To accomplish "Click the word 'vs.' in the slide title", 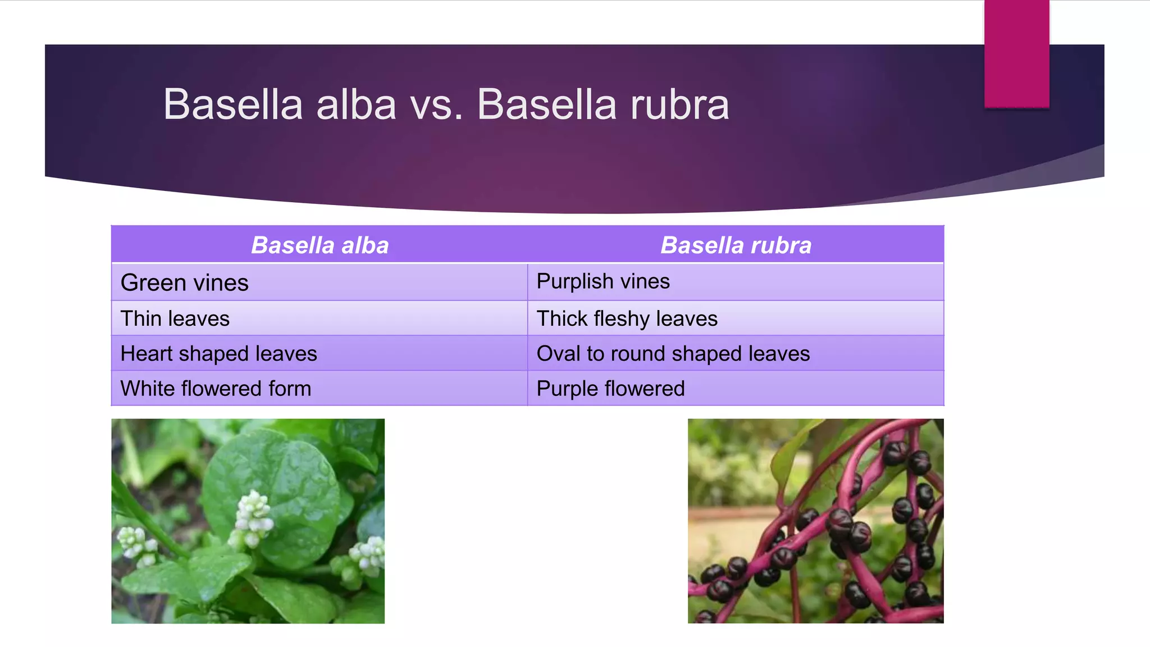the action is (436, 104).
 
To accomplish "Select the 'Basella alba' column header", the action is (320, 245).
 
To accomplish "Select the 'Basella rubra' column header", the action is (736, 245).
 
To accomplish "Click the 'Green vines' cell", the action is (320, 282).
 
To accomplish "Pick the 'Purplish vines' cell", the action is (736, 282).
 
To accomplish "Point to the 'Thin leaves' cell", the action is (320, 318).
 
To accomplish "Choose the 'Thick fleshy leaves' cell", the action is (736, 318).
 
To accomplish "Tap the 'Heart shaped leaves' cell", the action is (320, 353).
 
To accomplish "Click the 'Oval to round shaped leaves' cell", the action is (736, 353).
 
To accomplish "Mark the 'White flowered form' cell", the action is (320, 388).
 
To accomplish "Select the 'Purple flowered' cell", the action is (736, 388).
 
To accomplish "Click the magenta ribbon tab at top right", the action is (1016, 53).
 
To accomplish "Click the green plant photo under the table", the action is (248, 521).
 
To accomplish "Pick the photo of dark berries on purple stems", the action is (815, 521).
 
